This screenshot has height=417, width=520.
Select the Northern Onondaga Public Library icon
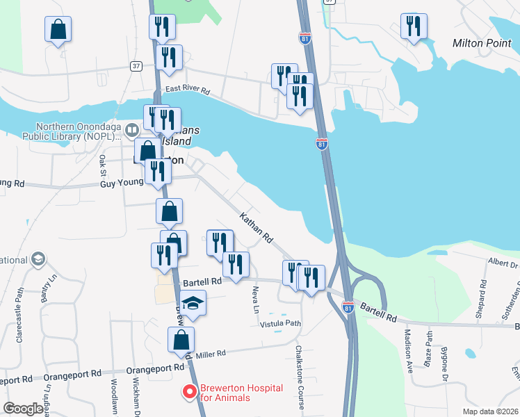(38, 131)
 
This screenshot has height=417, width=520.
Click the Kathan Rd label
(256, 228)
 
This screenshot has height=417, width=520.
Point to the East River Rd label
(187, 91)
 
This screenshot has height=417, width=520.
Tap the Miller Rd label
(211, 354)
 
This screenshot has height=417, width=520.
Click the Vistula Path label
(281, 324)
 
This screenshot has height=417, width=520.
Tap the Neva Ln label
(256, 297)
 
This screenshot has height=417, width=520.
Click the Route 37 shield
(136, 66)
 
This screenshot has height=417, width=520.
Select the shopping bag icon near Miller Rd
(180, 340)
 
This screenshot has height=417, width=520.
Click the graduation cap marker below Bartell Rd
(193, 303)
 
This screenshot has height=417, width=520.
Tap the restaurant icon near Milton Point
(414, 26)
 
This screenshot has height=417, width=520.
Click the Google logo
(24, 409)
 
